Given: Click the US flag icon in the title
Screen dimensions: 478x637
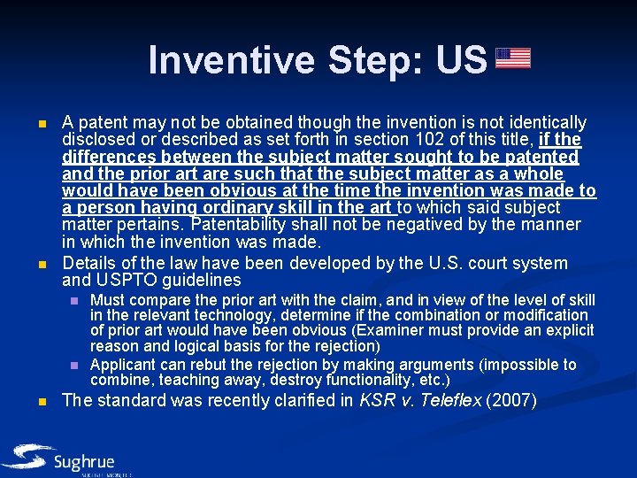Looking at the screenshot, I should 513,58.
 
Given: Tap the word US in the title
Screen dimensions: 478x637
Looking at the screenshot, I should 461,60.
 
